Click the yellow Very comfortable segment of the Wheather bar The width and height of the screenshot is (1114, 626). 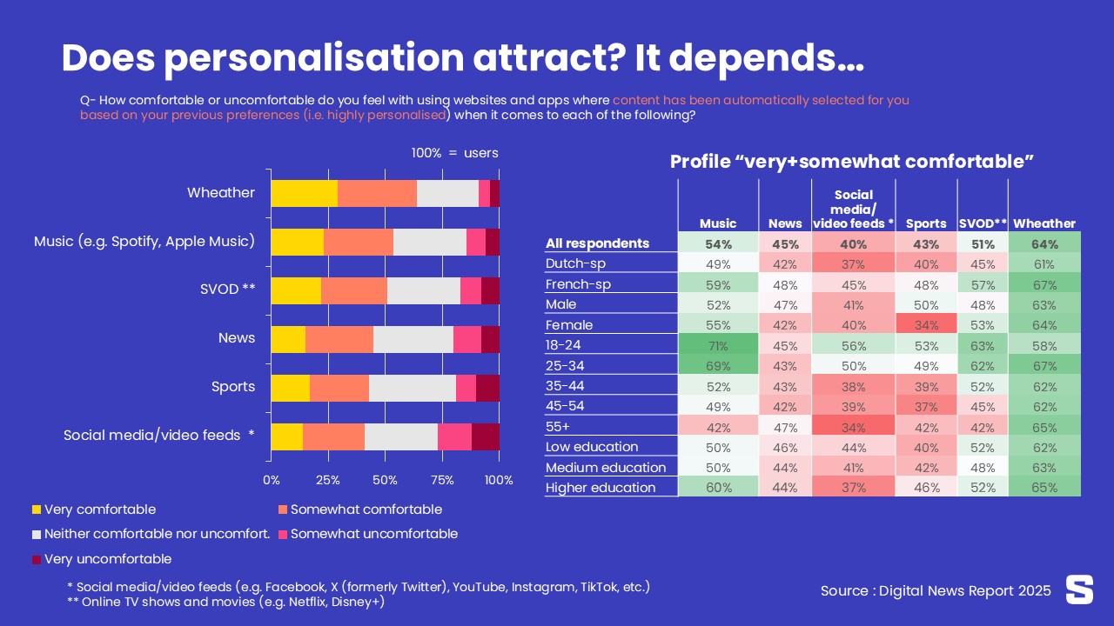coord(304,193)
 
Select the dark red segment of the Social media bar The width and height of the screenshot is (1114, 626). coord(486,436)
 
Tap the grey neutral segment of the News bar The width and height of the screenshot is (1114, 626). coord(413,339)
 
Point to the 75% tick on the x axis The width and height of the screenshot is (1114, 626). coord(442,480)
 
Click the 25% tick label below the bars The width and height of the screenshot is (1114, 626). coord(328,480)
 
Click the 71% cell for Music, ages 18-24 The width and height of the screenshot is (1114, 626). coord(718,345)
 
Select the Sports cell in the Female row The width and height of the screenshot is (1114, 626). coord(927,325)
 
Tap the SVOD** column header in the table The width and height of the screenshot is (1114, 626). coord(983,223)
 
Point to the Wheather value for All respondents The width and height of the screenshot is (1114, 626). coord(1044,243)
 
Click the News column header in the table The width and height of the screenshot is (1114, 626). coord(785,223)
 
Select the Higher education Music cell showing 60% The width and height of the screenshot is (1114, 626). coord(718,488)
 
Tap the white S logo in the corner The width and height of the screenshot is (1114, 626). coord(1079,589)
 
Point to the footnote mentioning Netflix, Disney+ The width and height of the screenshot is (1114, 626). coord(226,602)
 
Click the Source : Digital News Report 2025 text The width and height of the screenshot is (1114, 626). coord(936,591)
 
